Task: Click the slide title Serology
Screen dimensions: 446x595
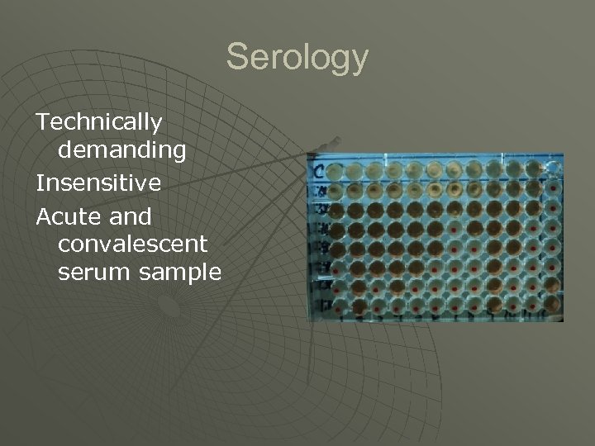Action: point(297,58)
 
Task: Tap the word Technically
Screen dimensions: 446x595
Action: point(99,122)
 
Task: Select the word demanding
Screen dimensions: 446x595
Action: point(121,150)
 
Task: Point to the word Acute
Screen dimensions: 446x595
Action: point(64,216)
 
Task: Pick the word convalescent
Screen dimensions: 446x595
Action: point(133,244)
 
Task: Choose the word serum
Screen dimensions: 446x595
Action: point(89,273)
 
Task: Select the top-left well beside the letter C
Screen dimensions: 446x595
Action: point(335,171)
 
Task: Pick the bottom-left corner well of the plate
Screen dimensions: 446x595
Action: point(336,306)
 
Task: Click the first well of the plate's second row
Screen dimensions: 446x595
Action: point(335,190)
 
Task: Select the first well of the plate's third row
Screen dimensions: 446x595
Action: point(335,210)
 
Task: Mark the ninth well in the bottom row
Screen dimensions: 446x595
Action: point(493,306)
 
